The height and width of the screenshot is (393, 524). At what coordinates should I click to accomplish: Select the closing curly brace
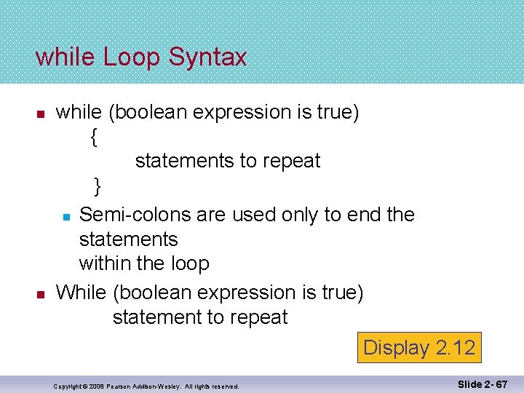tap(98, 186)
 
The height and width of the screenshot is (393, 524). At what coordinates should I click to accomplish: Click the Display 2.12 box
tap(418, 347)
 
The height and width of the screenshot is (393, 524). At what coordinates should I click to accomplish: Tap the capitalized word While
tap(82, 293)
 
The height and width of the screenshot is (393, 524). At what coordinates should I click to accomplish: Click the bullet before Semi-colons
tap(65, 217)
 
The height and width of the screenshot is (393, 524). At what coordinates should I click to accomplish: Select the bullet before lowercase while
tap(41, 114)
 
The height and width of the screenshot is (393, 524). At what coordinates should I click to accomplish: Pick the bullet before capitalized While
tap(41, 295)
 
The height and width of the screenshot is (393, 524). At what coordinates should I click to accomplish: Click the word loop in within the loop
tap(190, 263)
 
